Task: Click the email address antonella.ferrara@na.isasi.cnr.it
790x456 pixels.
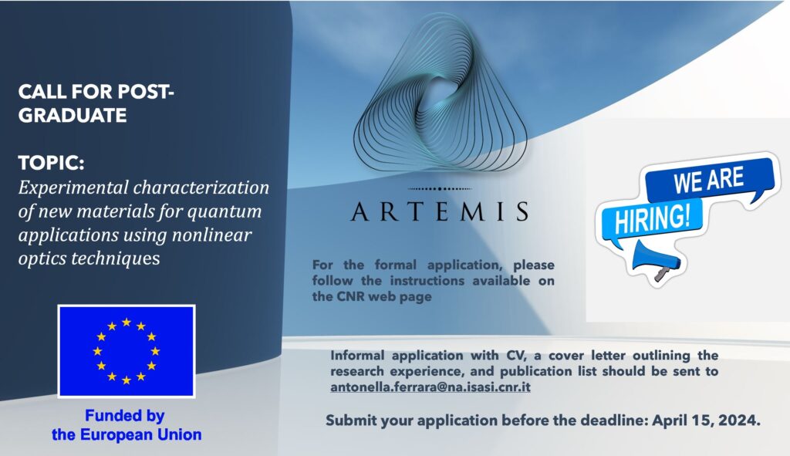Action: click(x=430, y=387)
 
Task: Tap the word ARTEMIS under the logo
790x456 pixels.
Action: click(x=440, y=211)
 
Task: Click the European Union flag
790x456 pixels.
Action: click(x=127, y=351)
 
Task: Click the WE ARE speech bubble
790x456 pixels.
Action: click(x=710, y=180)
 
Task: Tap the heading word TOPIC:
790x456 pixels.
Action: click(x=51, y=164)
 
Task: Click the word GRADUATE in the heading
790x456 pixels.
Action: click(x=73, y=116)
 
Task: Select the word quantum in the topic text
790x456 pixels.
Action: click(x=225, y=212)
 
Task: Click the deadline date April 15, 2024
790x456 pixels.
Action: click(x=706, y=421)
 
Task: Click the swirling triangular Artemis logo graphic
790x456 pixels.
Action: click(x=440, y=93)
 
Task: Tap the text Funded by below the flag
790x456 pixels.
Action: click(x=124, y=416)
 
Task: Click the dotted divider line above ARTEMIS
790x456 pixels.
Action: click(x=439, y=188)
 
